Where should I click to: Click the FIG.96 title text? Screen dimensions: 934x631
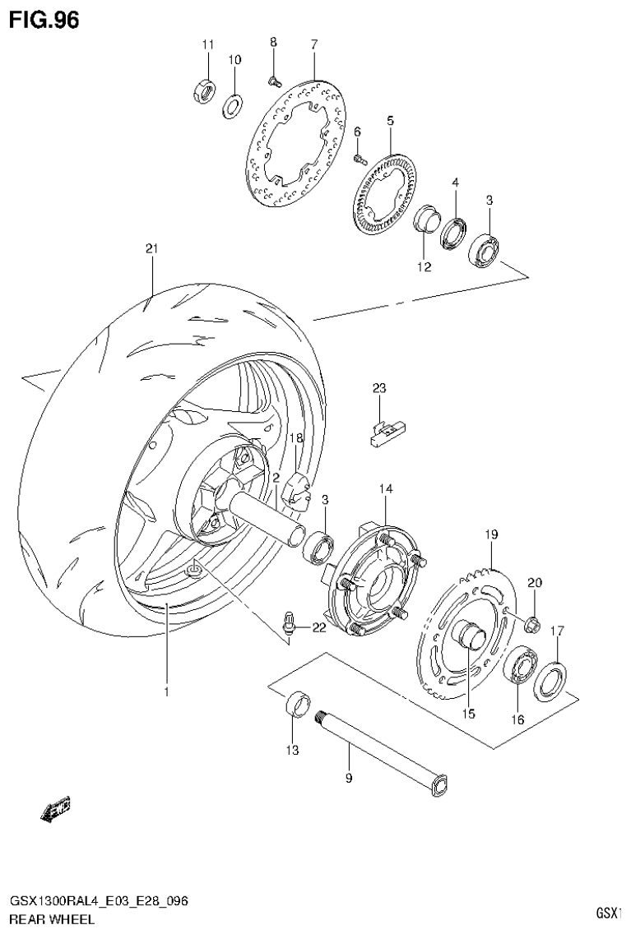(44, 20)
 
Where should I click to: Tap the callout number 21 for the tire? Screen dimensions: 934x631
(151, 249)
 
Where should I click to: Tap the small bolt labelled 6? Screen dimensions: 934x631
(360, 158)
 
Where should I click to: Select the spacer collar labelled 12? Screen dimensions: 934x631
(425, 223)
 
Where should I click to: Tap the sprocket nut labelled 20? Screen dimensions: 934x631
(532, 626)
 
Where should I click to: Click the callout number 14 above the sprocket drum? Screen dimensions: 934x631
(386, 489)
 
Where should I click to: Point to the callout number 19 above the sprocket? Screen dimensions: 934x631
(491, 535)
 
